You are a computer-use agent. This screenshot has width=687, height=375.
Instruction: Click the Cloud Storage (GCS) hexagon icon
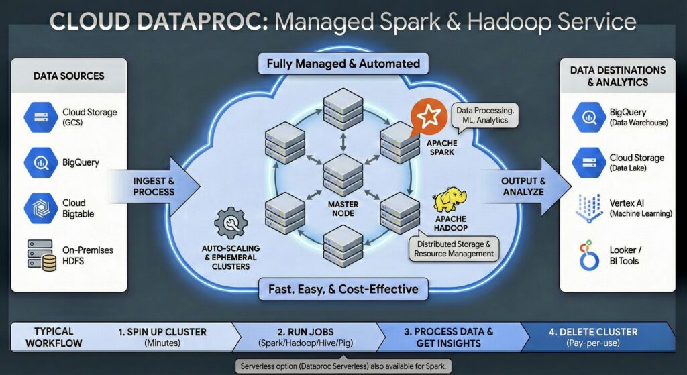pyautogui.click(x=40, y=116)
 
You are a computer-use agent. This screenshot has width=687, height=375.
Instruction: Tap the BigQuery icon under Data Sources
pyautogui.click(x=40, y=162)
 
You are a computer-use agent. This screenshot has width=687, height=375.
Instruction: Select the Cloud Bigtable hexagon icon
pyautogui.click(x=40, y=208)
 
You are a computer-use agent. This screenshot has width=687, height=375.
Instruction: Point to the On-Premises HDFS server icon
pyautogui.click(x=41, y=255)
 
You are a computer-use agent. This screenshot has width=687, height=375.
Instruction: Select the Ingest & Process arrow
pyautogui.click(x=155, y=186)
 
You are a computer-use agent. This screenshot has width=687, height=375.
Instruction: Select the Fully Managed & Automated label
pyautogui.click(x=343, y=64)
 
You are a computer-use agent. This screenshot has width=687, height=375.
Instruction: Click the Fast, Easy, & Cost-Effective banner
pyautogui.click(x=343, y=289)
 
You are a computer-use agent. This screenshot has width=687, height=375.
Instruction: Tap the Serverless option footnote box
pyautogui.click(x=343, y=366)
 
